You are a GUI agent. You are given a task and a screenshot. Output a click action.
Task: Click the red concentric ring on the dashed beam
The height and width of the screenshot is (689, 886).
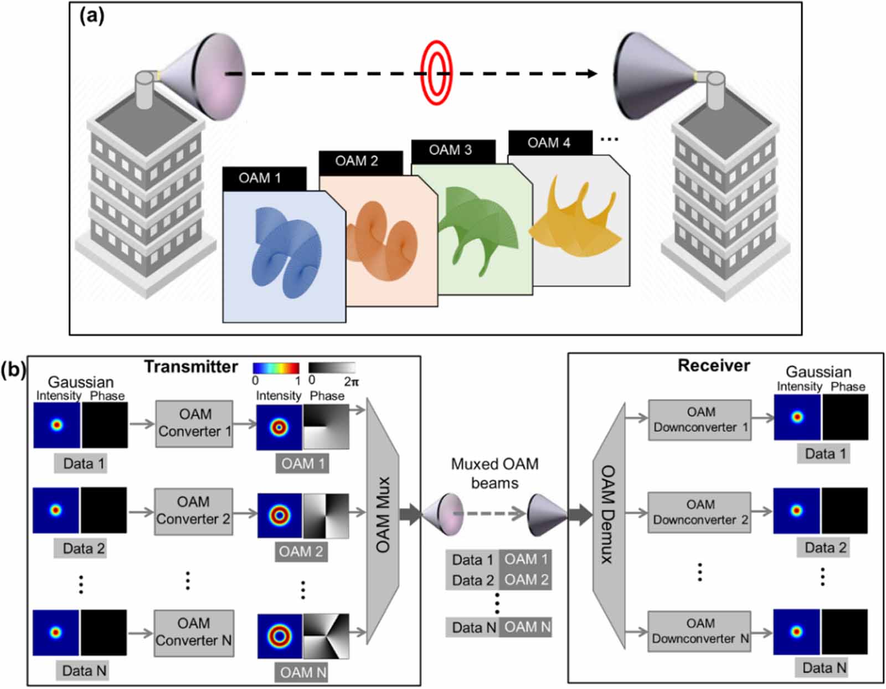(x=436, y=73)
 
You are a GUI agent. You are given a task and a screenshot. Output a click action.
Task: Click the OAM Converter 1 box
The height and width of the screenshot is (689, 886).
(x=194, y=423)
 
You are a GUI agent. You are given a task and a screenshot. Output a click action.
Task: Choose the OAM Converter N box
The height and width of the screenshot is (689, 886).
(x=193, y=632)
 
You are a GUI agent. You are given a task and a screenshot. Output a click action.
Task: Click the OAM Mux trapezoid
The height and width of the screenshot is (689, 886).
(x=383, y=514)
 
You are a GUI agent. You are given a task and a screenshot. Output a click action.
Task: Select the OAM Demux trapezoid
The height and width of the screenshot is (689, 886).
(x=609, y=514)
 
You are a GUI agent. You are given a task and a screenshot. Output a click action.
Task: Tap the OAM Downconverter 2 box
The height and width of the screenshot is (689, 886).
(x=700, y=512)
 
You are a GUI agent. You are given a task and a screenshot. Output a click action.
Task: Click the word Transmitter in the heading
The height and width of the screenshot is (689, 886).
(x=191, y=367)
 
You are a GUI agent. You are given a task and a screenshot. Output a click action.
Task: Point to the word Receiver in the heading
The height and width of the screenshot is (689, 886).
(x=714, y=366)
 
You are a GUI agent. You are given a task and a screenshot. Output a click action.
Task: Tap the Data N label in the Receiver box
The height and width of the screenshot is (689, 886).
(x=824, y=668)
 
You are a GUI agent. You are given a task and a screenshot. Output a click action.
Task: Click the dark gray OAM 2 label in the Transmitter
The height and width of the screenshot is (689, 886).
(x=301, y=552)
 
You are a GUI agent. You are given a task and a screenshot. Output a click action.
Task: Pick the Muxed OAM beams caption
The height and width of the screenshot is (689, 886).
(x=494, y=473)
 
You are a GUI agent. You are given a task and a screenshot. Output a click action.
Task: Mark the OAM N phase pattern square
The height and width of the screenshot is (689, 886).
(x=326, y=636)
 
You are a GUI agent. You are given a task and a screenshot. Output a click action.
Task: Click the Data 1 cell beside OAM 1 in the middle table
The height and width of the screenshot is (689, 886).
(x=472, y=560)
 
